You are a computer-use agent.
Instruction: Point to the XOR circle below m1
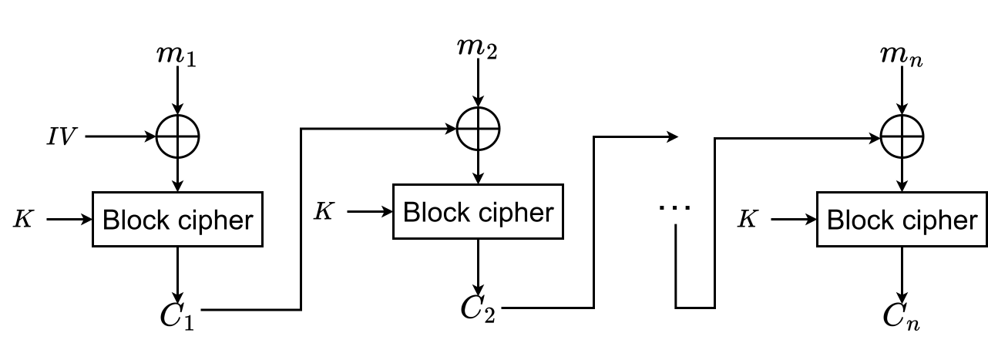coord(178,137)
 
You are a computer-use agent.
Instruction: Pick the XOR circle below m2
coord(479,123)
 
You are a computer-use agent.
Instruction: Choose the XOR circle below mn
coord(902,137)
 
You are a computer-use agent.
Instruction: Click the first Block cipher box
coord(178,220)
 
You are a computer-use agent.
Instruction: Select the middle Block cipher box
coord(479,211)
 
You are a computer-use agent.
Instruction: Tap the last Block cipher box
coord(902,220)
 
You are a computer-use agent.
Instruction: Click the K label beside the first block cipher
coord(22,220)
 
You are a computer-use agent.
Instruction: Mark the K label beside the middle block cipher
coord(324,211)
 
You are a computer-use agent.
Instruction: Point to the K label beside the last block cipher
coord(746,220)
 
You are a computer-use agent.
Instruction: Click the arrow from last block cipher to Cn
coord(902,273)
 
